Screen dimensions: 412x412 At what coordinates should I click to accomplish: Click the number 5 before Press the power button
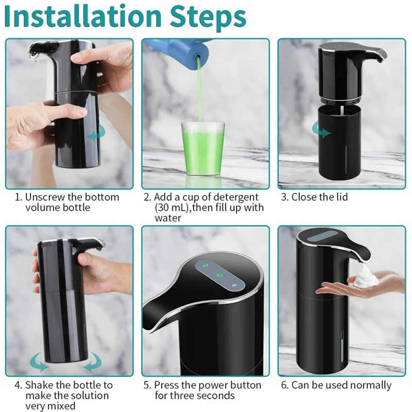coord(146,385)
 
